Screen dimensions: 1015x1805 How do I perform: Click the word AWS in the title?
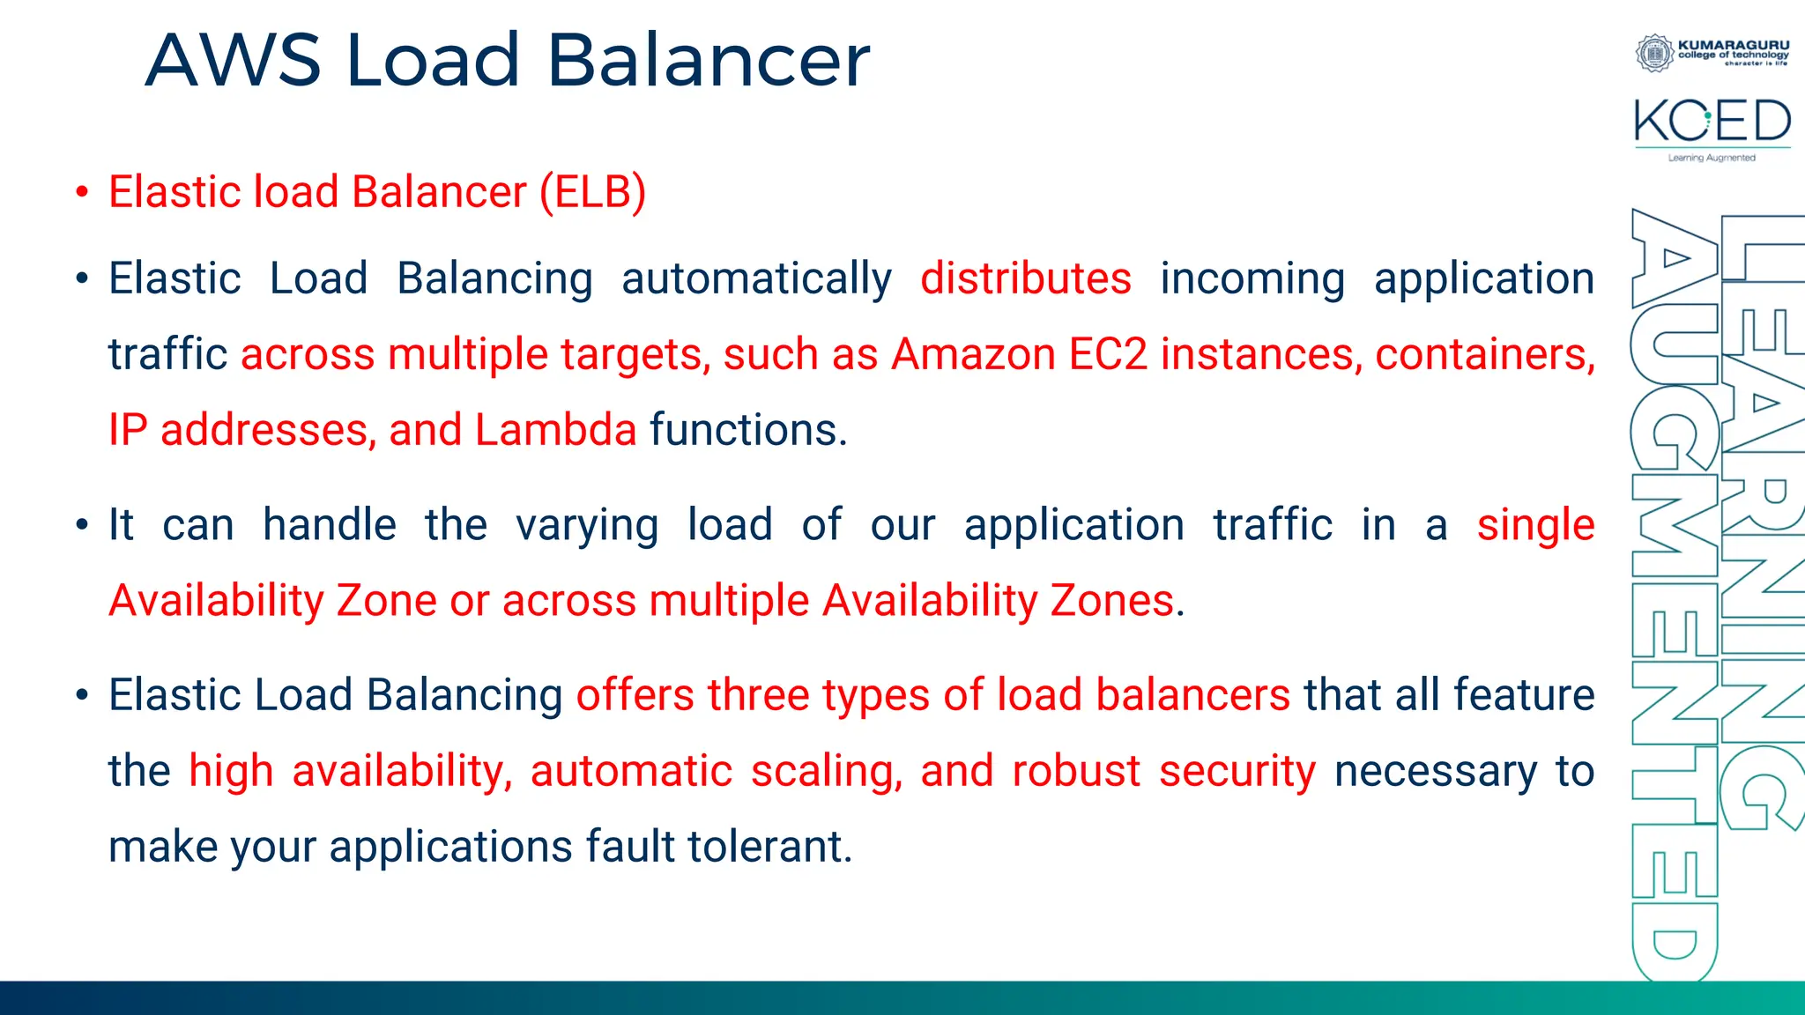click(x=234, y=61)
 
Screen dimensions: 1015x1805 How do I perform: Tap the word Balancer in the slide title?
click(x=708, y=61)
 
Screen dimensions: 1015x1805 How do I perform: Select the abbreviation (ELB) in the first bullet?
click(x=593, y=192)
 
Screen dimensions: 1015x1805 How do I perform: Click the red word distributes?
click(x=1025, y=279)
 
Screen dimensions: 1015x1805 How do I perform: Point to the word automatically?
click(x=756, y=280)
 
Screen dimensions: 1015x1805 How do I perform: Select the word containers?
click(x=1484, y=355)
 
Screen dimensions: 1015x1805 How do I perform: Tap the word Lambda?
click(x=555, y=431)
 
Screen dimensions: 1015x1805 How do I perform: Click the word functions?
click(x=748, y=431)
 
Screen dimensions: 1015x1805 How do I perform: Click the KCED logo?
click(x=1712, y=122)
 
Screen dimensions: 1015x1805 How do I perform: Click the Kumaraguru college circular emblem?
click(x=1654, y=53)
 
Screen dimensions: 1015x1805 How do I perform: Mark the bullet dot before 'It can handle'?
click(x=82, y=526)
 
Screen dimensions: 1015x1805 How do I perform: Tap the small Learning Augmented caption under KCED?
click(x=1712, y=158)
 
